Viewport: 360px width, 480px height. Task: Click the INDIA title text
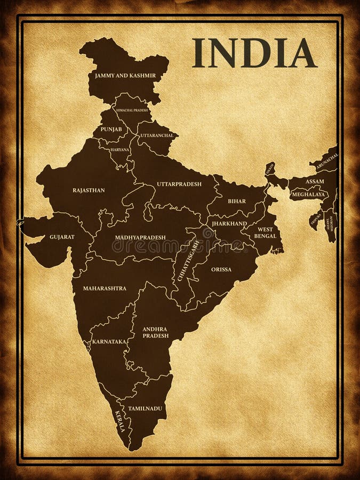click(x=254, y=53)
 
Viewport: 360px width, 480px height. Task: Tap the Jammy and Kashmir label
click(x=125, y=76)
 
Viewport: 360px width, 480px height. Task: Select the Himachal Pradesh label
click(x=132, y=110)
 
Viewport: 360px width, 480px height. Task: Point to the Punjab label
click(x=111, y=129)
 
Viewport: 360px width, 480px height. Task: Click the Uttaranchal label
click(x=157, y=135)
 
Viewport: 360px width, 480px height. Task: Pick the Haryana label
click(x=120, y=150)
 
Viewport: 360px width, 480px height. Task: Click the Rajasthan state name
click(x=89, y=190)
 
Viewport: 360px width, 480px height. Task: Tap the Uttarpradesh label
click(x=179, y=184)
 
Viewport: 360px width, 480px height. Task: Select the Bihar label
click(x=237, y=201)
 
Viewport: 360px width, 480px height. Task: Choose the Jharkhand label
click(x=229, y=223)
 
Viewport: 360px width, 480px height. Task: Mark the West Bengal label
click(x=265, y=233)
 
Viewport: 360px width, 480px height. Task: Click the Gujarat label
click(x=62, y=236)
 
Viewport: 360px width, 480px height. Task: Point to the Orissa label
click(x=221, y=269)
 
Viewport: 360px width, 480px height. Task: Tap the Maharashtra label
click(x=105, y=288)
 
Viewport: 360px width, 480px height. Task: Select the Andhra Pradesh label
click(x=155, y=332)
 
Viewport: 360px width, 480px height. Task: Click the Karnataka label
click(x=109, y=341)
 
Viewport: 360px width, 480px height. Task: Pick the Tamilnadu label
click(x=145, y=408)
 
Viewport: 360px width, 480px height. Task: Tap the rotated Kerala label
click(x=120, y=421)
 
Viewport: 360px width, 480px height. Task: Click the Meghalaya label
click(x=309, y=195)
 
